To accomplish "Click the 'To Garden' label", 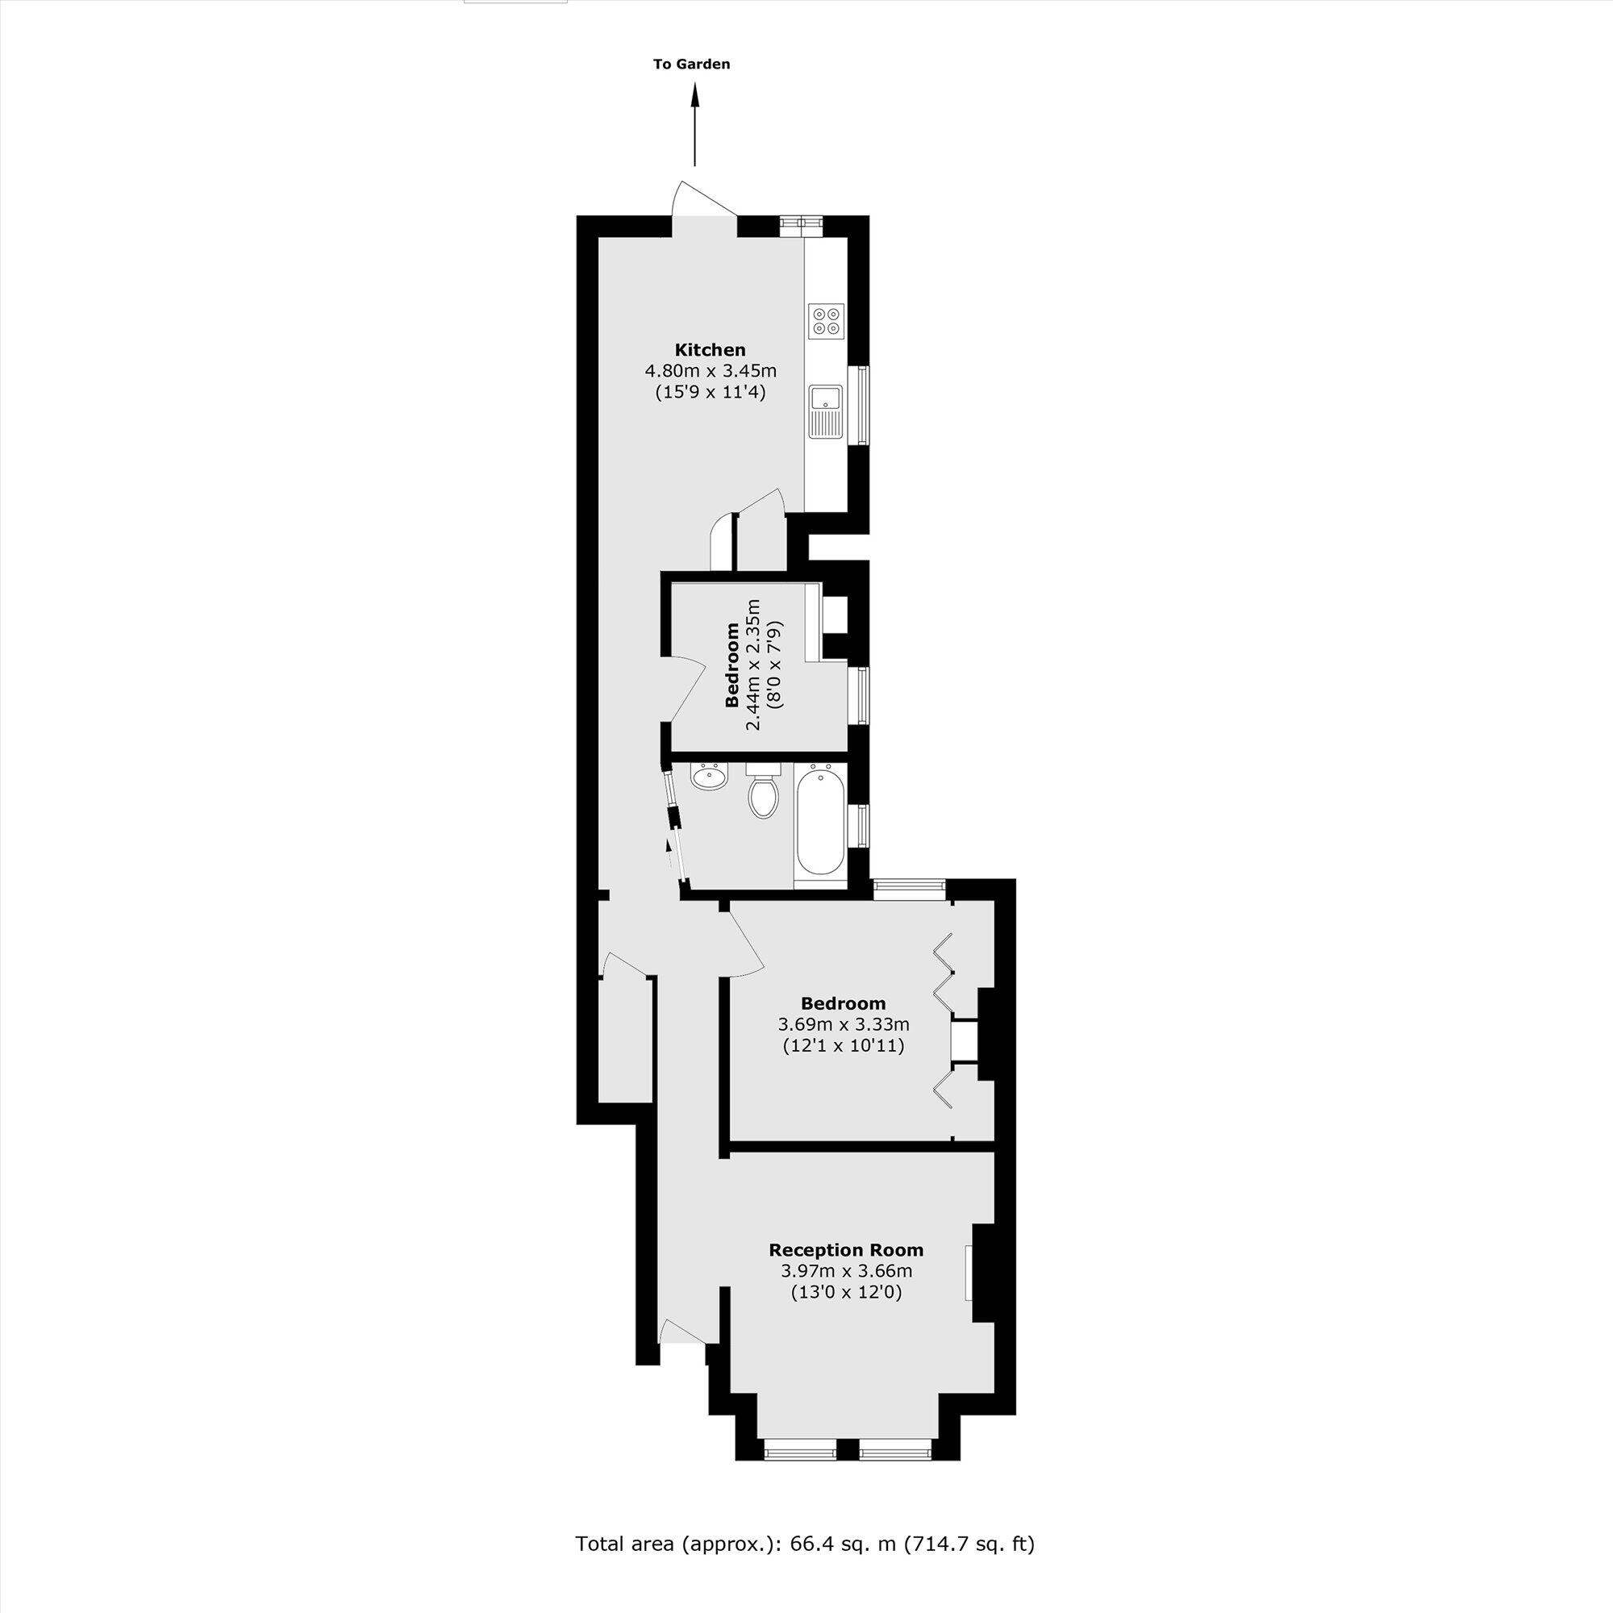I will (x=691, y=65).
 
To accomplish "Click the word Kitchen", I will (x=710, y=350).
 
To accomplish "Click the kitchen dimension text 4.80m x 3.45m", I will (x=711, y=371).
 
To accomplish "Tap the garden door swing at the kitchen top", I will (x=702, y=200).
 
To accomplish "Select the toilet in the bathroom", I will (x=763, y=791).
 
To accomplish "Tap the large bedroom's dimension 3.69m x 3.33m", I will (x=844, y=1024).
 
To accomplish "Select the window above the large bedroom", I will (x=909, y=889).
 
